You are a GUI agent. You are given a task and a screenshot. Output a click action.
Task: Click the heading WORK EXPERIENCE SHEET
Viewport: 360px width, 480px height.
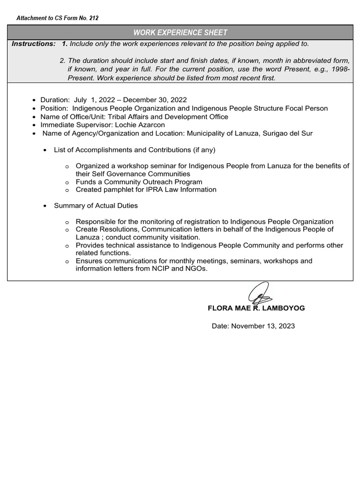tap(180, 32)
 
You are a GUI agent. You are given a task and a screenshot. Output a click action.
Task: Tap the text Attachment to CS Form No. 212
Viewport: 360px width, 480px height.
tap(57, 18)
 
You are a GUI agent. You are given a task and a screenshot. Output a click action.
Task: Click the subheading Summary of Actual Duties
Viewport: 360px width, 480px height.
tap(96, 206)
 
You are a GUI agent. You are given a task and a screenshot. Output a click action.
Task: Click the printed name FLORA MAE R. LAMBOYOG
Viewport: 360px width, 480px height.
tap(256, 308)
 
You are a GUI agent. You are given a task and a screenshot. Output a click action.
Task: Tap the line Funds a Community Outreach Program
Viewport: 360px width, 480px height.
tap(139, 182)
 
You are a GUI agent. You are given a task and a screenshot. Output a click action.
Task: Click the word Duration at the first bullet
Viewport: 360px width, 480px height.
tap(54, 100)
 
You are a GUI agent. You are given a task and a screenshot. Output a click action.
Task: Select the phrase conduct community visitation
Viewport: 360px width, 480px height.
tap(153, 237)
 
